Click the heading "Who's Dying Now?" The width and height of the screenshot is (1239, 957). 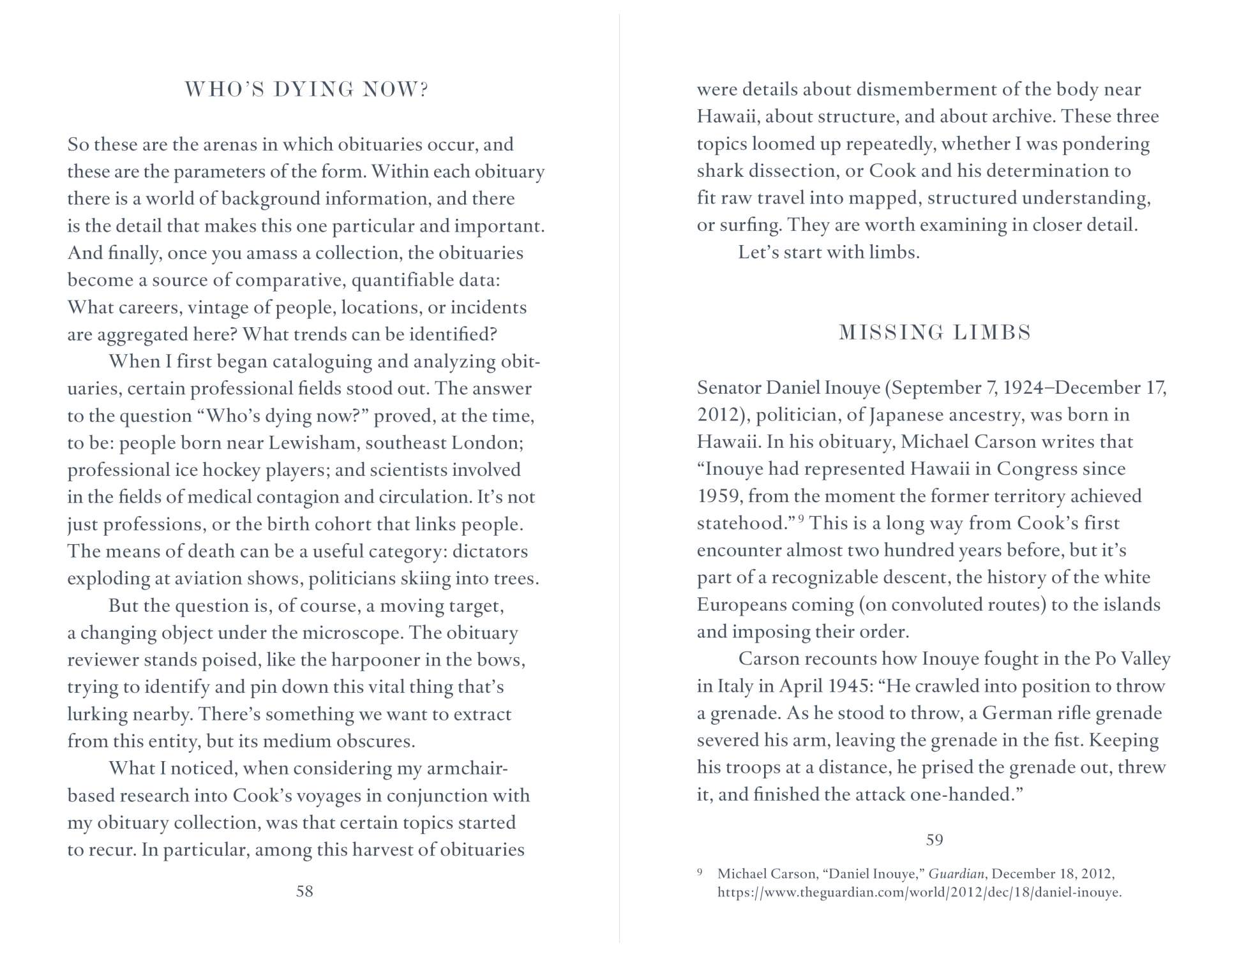click(x=306, y=90)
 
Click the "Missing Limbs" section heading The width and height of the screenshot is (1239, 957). click(x=935, y=333)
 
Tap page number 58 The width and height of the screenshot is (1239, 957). click(x=304, y=891)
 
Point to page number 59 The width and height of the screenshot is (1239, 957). click(x=935, y=840)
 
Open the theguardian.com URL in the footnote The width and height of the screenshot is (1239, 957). click(x=919, y=893)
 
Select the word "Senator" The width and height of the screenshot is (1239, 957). click(x=728, y=388)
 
